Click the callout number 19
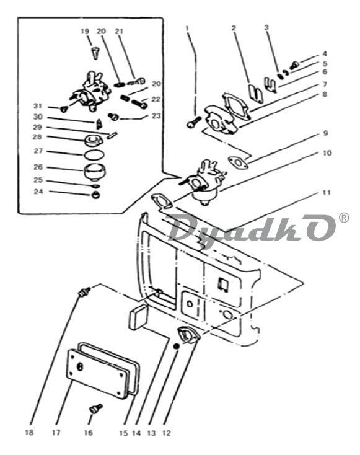85,31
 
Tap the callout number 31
38,105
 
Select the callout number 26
38,167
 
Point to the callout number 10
327,152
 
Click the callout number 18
29,432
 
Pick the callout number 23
156,116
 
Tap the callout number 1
187,28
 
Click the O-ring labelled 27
94,154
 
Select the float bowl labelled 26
94,172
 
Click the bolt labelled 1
193,123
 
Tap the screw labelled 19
95,53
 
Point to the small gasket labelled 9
238,163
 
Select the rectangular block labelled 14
138,317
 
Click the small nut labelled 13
176,346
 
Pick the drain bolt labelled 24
95,195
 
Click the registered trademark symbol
344,218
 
